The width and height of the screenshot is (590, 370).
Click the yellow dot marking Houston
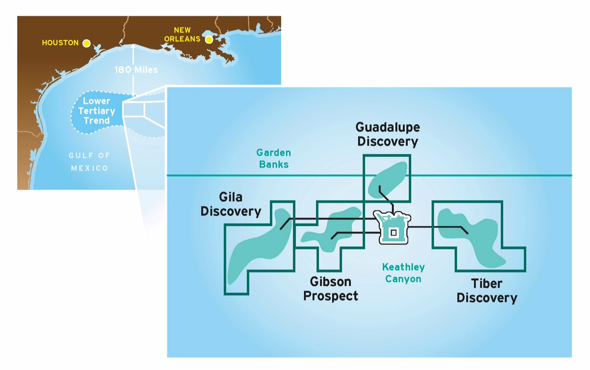tap(86, 43)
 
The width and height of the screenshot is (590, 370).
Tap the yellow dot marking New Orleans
tap(209, 40)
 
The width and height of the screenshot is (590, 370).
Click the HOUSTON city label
tap(60, 43)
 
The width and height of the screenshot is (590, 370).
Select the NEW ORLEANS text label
tap(182, 35)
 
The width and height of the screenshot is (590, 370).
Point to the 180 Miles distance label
tap(136, 70)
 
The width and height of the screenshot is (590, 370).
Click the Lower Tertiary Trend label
tap(96, 111)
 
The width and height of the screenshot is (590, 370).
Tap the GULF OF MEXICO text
tap(89, 162)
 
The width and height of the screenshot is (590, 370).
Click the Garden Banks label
tap(274, 158)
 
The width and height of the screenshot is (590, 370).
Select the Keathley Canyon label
tap(403, 273)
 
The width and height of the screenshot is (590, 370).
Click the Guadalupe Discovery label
tap(388, 134)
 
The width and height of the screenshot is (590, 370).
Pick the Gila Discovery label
tap(231, 204)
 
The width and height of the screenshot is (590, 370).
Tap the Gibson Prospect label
tap(330, 288)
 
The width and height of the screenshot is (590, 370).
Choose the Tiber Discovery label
tap(487, 291)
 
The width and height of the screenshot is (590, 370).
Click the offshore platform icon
tap(392, 227)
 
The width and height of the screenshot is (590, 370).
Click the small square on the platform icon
tap(394, 233)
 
